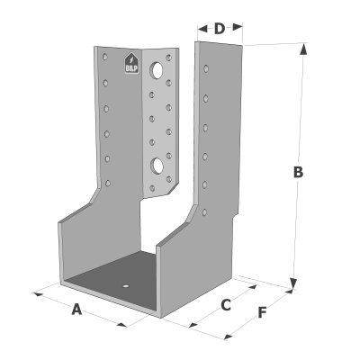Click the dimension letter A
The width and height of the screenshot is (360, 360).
click(76, 310)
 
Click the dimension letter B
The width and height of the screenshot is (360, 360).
click(298, 172)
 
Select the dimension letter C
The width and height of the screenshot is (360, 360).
click(226, 305)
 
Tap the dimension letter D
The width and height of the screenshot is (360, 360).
click(220, 29)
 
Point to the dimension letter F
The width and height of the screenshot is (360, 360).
click(262, 313)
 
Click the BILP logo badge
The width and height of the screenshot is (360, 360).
click(131, 63)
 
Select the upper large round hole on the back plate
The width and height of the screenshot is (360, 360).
click(157, 69)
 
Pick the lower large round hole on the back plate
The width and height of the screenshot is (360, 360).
click(157, 165)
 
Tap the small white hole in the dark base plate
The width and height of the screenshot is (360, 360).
click(126, 286)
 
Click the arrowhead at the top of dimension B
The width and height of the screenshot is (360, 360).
click(303, 49)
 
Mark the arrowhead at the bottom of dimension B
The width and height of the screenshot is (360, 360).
click(293, 283)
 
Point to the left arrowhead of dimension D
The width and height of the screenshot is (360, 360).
click(202, 29)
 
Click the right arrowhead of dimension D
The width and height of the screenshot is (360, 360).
click(238, 26)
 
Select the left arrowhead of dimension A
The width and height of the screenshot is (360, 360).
click(39, 294)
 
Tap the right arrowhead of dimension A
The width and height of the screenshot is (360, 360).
click(122, 325)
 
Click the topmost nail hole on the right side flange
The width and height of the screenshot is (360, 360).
click(206, 68)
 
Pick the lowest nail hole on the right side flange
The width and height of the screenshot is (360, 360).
click(204, 212)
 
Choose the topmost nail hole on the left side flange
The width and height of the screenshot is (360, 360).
click(104, 57)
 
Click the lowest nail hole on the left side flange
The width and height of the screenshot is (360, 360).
click(108, 183)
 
